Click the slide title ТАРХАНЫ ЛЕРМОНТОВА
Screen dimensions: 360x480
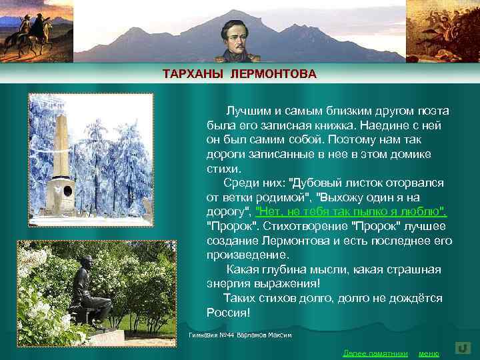[240, 73]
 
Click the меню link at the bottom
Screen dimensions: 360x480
[428, 353]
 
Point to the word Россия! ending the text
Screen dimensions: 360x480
[229, 313]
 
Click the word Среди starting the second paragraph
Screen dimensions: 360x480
[239, 183]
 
